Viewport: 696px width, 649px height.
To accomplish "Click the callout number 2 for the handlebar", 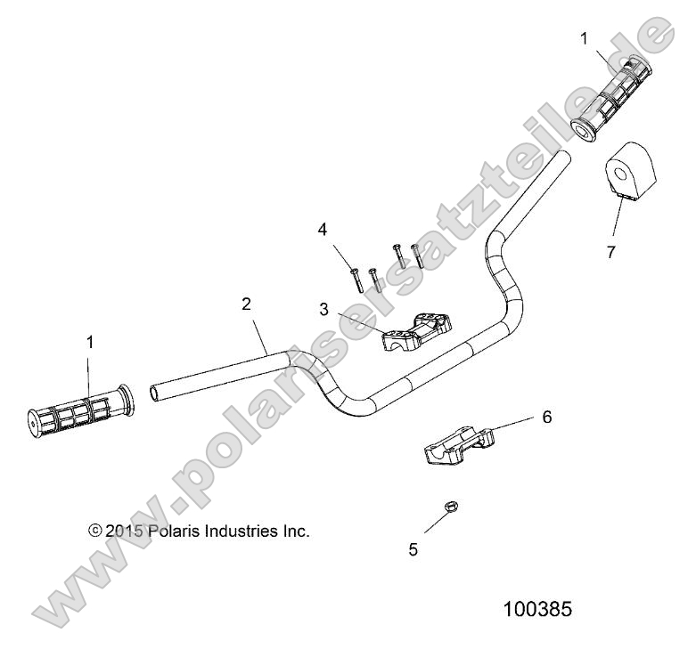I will tap(247, 304).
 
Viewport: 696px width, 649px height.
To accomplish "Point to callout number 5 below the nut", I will tap(413, 549).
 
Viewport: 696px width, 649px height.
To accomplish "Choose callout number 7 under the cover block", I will tap(610, 252).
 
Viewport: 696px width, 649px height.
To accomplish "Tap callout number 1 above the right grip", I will tap(584, 38).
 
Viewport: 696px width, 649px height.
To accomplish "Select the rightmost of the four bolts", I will tap(414, 257).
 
